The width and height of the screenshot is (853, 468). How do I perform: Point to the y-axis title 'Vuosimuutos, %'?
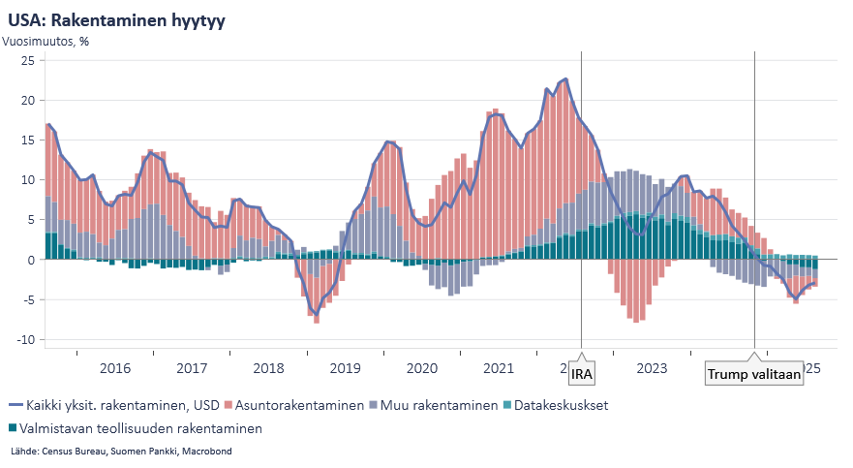click(46, 42)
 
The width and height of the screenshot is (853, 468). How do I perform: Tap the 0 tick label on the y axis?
click(31, 260)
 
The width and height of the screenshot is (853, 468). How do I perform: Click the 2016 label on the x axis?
click(115, 368)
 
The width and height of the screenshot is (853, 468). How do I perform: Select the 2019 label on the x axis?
click(346, 368)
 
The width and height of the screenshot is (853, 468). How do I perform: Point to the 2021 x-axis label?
click(499, 368)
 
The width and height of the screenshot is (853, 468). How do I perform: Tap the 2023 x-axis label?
click(652, 368)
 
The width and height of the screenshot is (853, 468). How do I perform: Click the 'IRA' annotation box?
click(582, 375)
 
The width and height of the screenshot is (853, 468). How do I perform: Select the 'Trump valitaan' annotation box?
click(754, 375)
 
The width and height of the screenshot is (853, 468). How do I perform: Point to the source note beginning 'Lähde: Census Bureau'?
click(121, 452)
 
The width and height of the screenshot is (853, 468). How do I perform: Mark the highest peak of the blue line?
click(565, 79)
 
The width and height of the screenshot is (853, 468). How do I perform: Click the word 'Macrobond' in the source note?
click(207, 452)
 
